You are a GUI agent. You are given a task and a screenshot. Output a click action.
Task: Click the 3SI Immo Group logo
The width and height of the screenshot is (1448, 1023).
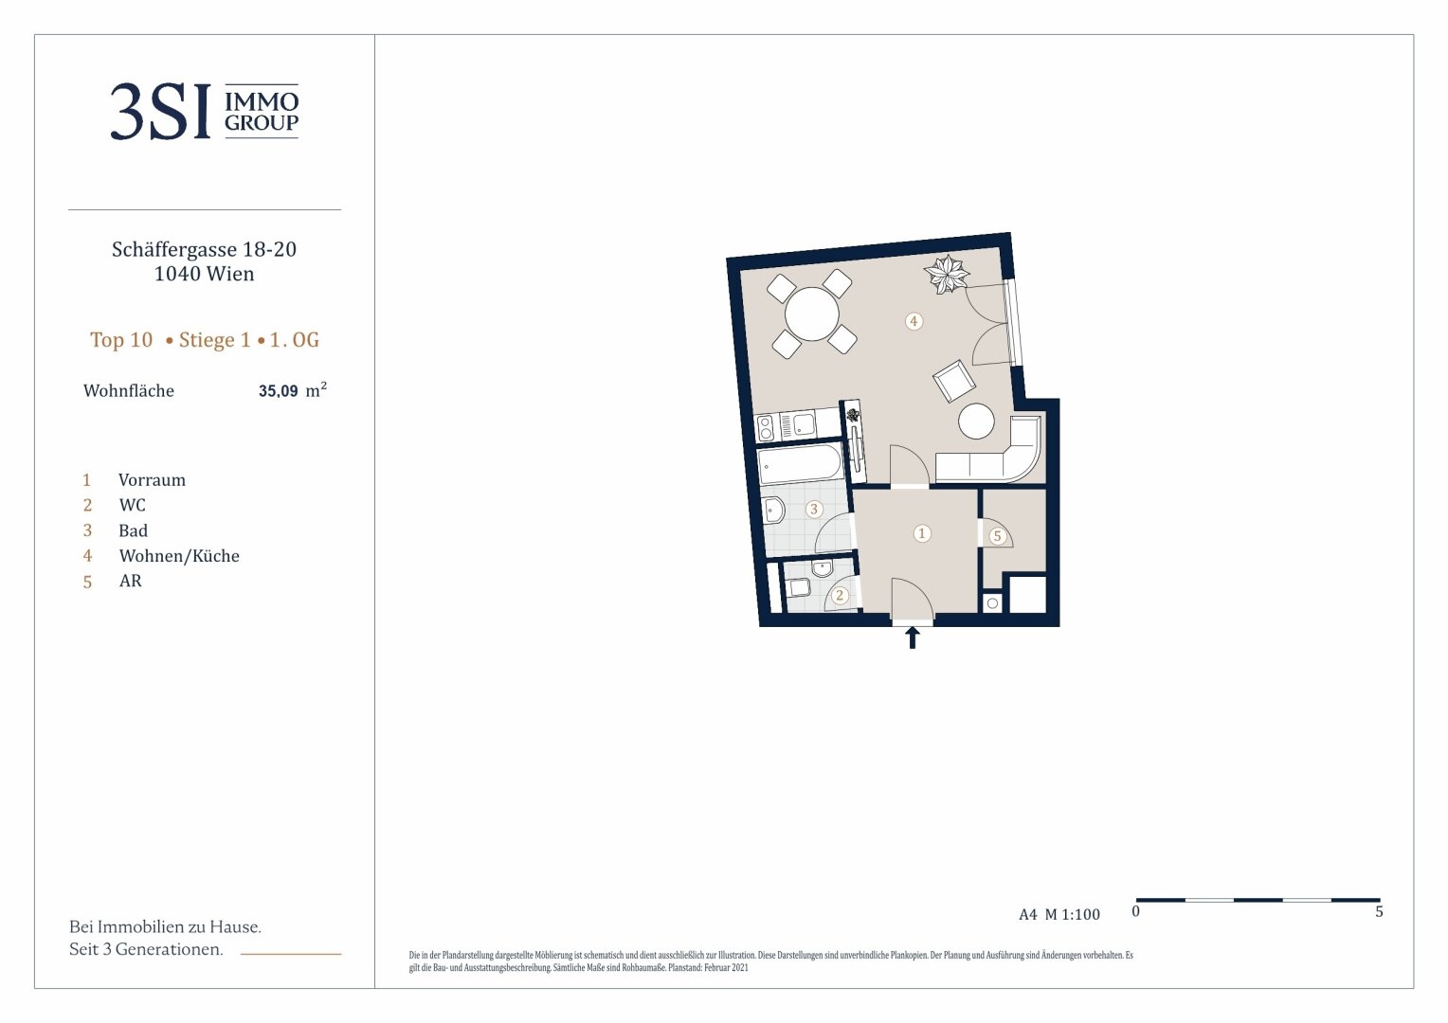click(x=205, y=111)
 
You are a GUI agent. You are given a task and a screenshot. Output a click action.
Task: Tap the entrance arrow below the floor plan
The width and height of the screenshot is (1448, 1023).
click(x=913, y=637)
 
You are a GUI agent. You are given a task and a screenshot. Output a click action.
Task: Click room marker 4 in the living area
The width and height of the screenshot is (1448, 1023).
click(x=914, y=320)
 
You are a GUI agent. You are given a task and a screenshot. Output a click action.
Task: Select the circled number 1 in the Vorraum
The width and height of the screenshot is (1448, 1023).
click(x=922, y=533)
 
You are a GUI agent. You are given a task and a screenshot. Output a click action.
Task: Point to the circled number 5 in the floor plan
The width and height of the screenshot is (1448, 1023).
click(x=998, y=536)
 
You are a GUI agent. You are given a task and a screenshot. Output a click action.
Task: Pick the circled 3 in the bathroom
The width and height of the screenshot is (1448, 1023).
click(x=814, y=510)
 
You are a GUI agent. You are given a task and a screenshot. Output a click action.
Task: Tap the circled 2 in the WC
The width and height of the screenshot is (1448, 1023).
click(x=840, y=595)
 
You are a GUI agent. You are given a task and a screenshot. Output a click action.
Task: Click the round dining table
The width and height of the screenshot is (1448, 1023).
click(x=812, y=314)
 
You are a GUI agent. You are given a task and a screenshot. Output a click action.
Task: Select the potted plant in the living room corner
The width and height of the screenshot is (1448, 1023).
click(x=947, y=274)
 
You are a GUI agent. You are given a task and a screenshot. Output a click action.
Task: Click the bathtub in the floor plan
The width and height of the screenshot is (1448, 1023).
click(x=800, y=463)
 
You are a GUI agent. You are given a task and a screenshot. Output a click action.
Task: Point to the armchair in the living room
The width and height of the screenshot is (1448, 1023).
click(x=954, y=382)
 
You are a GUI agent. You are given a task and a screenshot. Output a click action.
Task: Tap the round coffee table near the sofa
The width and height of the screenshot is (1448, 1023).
click(x=976, y=421)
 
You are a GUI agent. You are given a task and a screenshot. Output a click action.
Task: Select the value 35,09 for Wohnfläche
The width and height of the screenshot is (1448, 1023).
click(x=278, y=391)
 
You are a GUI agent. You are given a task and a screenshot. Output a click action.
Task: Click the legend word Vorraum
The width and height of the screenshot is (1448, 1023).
click(x=152, y=480)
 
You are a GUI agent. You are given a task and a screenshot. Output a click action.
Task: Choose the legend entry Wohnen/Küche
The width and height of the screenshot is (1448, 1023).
click(x=179, y=556)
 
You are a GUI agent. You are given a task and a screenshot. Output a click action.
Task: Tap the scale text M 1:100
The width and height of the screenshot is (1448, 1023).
click(x=1073, y=914)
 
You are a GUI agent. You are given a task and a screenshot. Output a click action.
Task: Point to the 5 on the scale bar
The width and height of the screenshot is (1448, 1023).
click(x=1379, y=912)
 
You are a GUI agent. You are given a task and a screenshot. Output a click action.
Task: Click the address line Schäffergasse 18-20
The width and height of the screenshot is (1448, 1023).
click(x=205, y=249)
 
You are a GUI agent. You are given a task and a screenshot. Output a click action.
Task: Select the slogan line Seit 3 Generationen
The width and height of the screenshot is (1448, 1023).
click(x=146, y=949)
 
